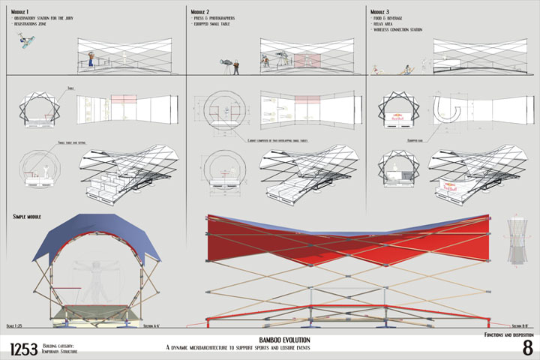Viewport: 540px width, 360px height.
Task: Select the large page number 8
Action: (527, 347)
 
